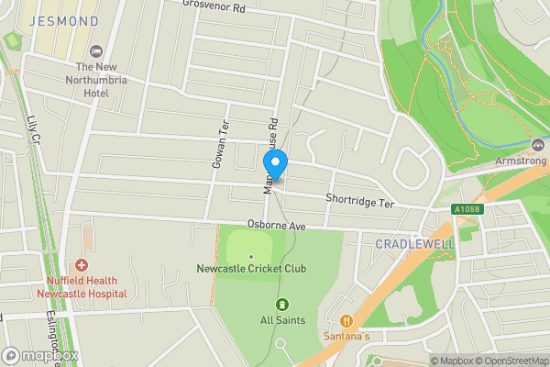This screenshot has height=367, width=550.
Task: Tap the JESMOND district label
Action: tap(63, 20)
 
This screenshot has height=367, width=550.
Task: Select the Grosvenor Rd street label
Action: tap(214, 7)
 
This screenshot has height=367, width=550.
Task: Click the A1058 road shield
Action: tap(466, 210)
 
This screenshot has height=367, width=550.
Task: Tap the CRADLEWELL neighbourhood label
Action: tap(414, 243)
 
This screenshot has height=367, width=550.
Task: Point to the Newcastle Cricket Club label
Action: tap(251, 269)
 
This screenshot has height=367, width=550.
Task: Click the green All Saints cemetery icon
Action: tap(281, 305)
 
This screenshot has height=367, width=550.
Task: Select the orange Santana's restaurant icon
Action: tap(346, 321)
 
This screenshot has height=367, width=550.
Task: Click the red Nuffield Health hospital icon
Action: tap(82, 265)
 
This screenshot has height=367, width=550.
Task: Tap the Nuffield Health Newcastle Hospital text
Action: tap(82, 287)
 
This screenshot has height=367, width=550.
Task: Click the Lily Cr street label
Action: tap(34, 131)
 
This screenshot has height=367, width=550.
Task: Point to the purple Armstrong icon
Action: tap(538, 145)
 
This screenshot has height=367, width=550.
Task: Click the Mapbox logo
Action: tap(40, 355)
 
